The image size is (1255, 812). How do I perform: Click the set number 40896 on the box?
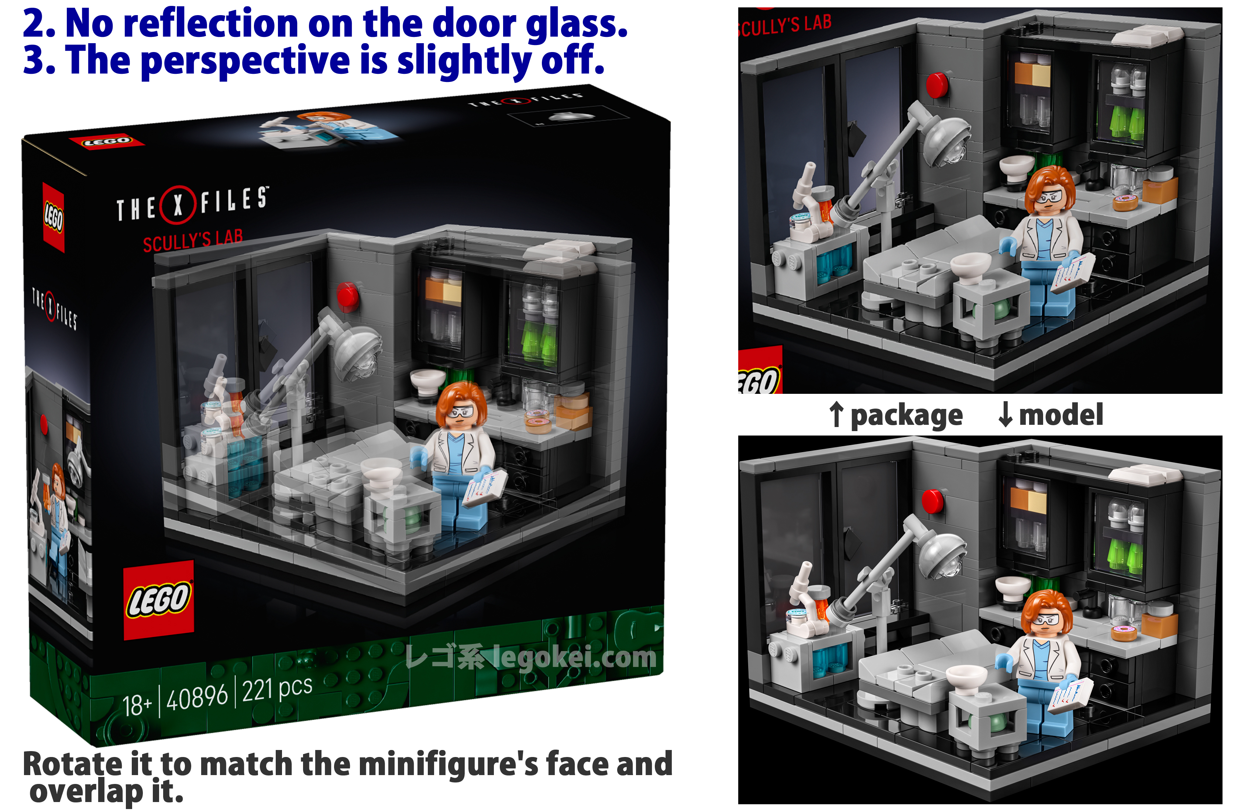(197, 698)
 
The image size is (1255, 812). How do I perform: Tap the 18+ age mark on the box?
(137, 705)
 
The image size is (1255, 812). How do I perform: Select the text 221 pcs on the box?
(277, 688)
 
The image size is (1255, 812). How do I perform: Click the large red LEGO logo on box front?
(159, 600)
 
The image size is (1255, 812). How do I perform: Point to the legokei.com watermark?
(532, 657)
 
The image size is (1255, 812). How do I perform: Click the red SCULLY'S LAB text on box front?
(193, 240)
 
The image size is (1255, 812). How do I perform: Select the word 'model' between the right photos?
(1060, 414)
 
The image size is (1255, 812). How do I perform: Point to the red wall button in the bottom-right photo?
(933, 500)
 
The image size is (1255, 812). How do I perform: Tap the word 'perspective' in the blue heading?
(245, 61)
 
